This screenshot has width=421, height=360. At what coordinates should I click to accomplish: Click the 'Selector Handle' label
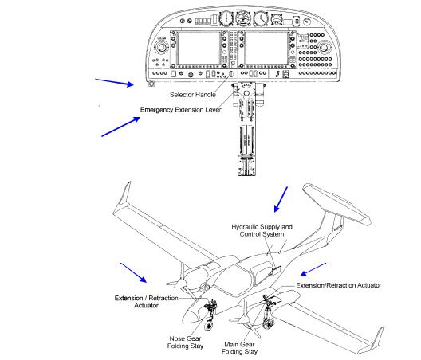[x=193, y=95]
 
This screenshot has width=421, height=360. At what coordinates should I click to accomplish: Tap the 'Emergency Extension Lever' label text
[x=181, y=110]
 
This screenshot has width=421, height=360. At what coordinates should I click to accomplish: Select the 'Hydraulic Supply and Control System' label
[x=262, y=230]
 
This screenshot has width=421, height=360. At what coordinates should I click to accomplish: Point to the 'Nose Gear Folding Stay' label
[x=185, y=342]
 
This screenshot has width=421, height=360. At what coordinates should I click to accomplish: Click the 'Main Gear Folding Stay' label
[x=239, y=348]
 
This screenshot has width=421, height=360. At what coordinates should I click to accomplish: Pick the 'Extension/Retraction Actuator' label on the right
[x=339, y=285]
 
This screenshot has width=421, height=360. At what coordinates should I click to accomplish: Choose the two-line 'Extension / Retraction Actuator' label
[x=147, y=302]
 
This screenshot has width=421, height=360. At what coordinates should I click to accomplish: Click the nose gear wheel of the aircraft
[x=208, y=325]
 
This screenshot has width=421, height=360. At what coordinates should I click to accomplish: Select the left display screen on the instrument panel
[x=199, y=49]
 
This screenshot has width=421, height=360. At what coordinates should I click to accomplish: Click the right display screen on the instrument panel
[x=266, y=49]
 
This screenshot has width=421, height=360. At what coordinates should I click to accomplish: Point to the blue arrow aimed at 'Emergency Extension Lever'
[x=121, y=127]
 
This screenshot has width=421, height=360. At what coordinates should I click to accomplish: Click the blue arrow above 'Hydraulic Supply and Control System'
[x=281, y=199]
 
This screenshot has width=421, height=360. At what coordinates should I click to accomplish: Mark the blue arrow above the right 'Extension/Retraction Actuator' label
[x=313, y=269]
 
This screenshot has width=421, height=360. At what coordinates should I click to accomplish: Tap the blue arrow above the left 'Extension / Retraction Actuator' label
[x=133, y=272]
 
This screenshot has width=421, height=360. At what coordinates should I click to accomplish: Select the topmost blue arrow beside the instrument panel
[x=114, y=83]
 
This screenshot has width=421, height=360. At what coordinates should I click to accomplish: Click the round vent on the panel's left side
[x=162, y=48]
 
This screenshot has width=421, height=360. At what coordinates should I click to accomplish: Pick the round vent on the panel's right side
[x=324, y=48]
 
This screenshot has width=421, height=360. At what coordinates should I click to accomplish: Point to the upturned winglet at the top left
[x=124, y=194]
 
